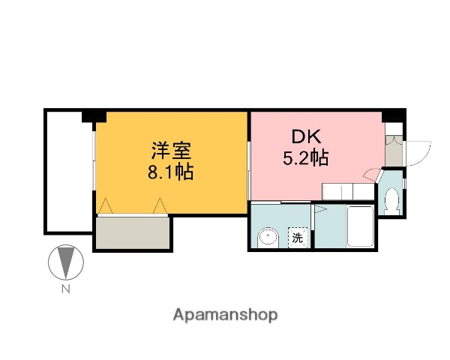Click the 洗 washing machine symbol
298,238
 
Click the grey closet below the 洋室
133,233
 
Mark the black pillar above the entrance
393,115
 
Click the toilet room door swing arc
372,175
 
